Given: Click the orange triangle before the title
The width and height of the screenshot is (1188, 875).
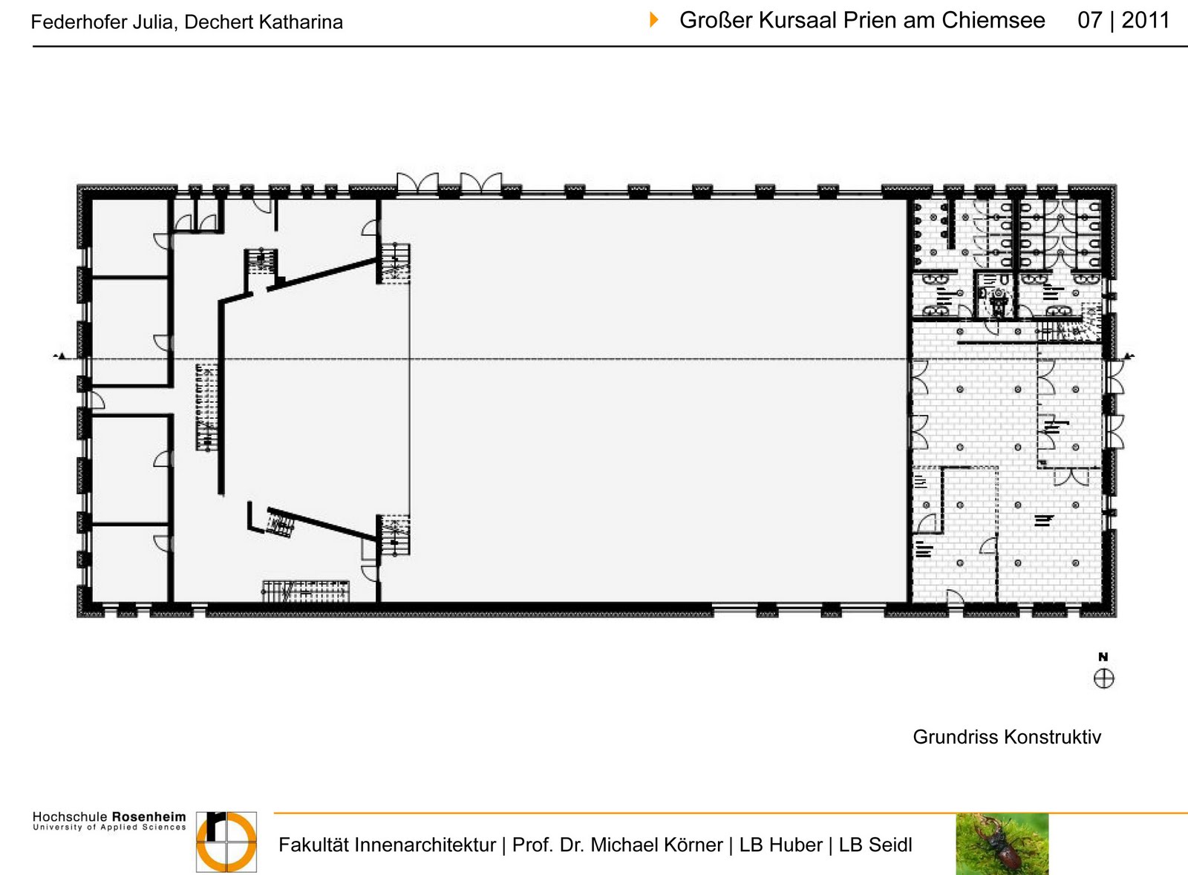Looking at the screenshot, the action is tap(654, 20).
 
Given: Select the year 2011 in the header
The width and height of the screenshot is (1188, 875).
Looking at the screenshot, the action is tap(1146, 21).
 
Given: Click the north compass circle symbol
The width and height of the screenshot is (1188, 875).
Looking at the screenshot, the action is tap(1103, 678).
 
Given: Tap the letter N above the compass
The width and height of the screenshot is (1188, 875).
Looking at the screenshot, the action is tap(1103, 657).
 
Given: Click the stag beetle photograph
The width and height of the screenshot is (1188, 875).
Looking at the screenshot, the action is tap(1002, 844).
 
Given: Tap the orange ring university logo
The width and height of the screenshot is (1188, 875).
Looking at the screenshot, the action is tap(226, 842).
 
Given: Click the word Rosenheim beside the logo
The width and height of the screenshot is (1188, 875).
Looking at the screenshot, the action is tap(149, 816).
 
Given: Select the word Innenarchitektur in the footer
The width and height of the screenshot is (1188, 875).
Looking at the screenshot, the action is tap(425, 845).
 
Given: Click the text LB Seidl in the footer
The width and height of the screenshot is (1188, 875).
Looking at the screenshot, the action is tap(875, 845).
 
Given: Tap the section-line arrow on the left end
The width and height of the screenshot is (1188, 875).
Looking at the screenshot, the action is tap(61, 356).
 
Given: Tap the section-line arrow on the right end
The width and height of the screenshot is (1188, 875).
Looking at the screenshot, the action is tap(1129, 356).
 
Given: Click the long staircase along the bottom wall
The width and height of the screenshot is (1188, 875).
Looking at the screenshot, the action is tap(306, 591).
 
